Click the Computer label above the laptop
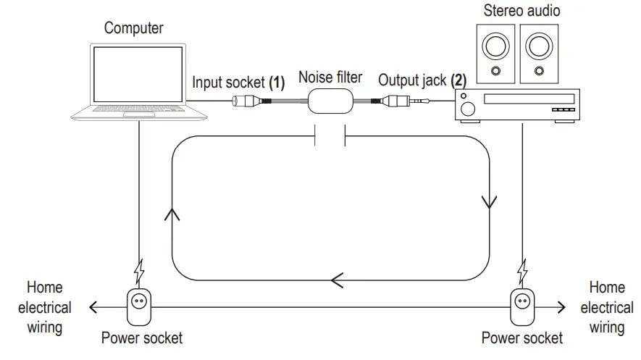tap(134, 28)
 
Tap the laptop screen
tap(138, 74)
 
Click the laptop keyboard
tap(138, 109)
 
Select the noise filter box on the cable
tap(330, 101)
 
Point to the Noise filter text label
tap(330, 78)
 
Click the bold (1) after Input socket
tap(277, 82)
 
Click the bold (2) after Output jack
tap(458, 80)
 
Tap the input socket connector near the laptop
tap(246, 101)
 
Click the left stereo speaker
tap(495, 54)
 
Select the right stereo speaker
tap(539, 54)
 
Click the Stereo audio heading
tap(521, 11)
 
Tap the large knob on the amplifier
tap(468, 109)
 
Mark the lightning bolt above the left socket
tap(139, 272)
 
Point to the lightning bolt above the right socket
tap(522, 272)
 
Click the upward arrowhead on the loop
tap(172, 214)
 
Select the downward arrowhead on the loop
tap(490, 202)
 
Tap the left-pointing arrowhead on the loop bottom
tap(337, 281)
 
